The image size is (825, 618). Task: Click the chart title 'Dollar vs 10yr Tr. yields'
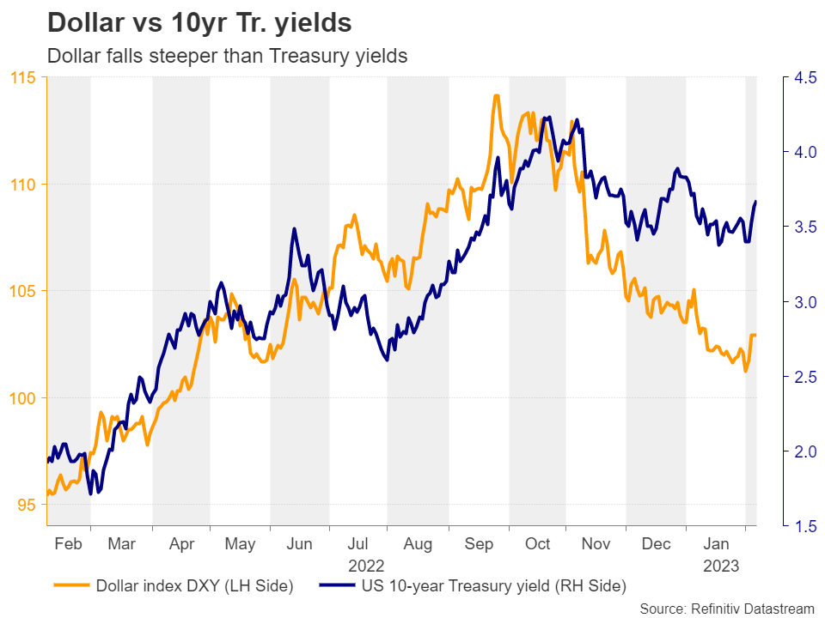tap(199, 23)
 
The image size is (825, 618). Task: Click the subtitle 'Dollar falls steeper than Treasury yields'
tap(227, 57)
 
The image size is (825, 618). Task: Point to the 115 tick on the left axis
tap(25, 78)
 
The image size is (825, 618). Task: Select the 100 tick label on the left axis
tap(25, 398)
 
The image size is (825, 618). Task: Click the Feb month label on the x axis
tap(68, 544)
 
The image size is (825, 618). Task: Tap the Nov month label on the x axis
tap(595, 544)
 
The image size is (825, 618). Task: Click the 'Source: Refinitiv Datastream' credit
tap(727, 608)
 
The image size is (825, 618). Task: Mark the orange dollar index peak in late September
tap(496, 95)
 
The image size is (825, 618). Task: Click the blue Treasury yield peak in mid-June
tap(294, 229)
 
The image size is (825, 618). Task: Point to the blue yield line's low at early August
tap(387, 360)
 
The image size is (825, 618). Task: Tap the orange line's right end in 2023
tap(755, 335)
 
